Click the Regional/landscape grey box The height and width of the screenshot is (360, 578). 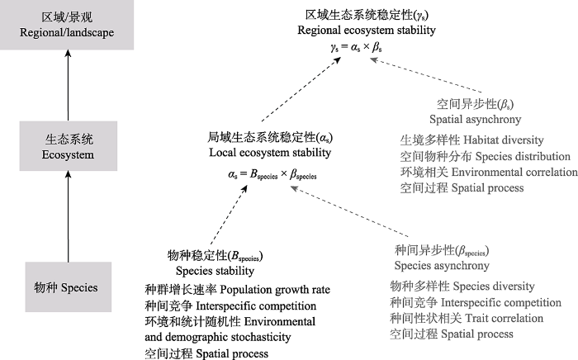(x=67, y=25)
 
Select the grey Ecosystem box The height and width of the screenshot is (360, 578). (x=69, y=146)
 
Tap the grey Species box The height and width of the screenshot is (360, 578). (x=69, y=287)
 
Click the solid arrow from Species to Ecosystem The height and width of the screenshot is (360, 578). (x=68, y=216)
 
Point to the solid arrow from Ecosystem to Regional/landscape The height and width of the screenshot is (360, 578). (x=68, y=86)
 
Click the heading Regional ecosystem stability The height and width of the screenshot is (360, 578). (x=367, y=31)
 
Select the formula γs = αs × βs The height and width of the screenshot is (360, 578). (x=356, y=47)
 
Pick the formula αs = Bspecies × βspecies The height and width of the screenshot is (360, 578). (x=272, y=174)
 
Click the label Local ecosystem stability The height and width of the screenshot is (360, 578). (x=270, y=153)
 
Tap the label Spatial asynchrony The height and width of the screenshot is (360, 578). (x=475, y=120)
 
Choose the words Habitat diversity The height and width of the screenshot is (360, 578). (x=504, y=140)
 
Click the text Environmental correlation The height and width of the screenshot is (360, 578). (x=514, y=172)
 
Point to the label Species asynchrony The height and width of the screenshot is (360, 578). (x=442, y=265)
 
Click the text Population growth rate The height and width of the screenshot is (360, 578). (x=275, y=290)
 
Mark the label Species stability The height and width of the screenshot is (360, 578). (x=215, y=271)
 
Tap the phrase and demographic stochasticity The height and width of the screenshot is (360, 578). (x=218, y=337)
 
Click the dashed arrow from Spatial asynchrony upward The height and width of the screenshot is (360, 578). (x=426, y=75)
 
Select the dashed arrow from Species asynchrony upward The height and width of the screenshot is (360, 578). (x=349, y=211)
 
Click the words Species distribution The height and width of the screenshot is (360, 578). (x=523, y=156)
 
